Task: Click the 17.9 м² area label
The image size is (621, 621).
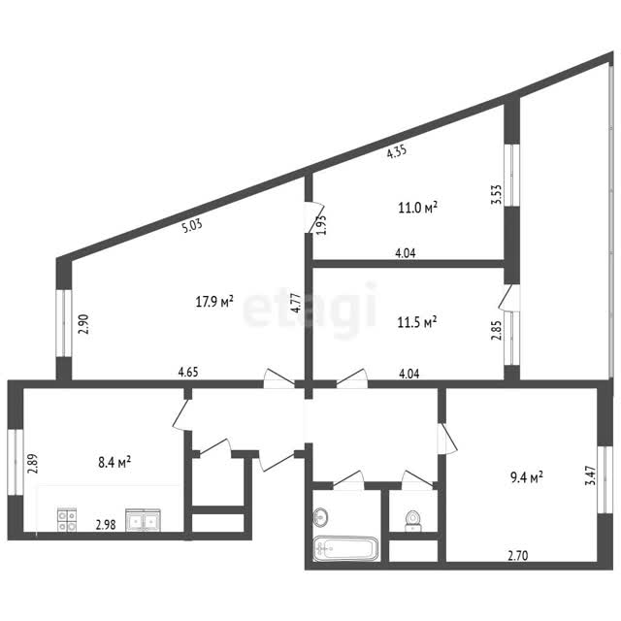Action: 214,302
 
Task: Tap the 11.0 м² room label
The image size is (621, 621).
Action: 418,207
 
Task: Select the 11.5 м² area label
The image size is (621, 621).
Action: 417,322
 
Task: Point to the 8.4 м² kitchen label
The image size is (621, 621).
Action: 114,462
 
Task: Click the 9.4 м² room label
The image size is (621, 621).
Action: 527,477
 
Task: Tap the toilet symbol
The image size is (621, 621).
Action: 412,520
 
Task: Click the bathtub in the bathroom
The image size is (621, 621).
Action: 345,548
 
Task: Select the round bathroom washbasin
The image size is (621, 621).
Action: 320,517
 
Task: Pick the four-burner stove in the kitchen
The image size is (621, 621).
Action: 67,520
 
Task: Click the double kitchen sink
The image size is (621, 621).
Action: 143,520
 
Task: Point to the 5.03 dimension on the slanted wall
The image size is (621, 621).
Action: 192,226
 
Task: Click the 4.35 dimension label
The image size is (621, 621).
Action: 397,151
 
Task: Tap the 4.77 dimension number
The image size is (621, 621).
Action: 297,303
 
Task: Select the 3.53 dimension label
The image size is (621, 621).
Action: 496,194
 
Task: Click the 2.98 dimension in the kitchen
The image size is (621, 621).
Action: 106,525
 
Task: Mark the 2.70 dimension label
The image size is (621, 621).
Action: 518,556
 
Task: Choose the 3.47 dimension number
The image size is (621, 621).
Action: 591,475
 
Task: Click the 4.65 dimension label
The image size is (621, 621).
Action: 188,373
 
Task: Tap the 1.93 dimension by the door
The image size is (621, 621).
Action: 321,225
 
